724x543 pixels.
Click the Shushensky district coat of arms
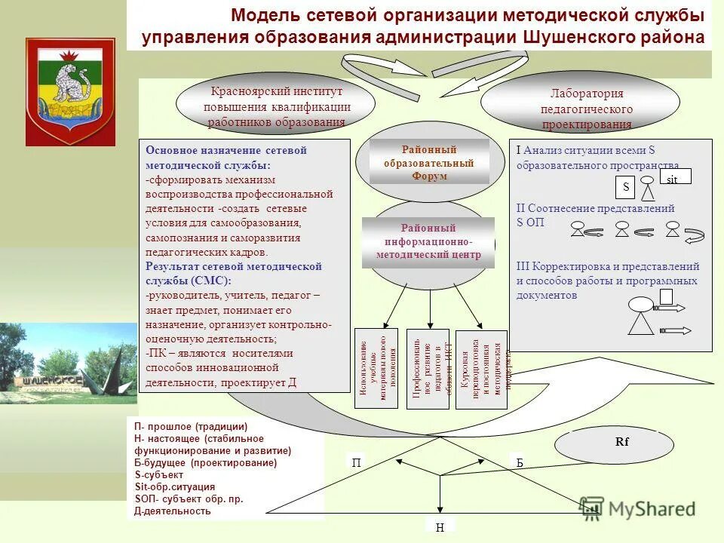[x=70, y=91]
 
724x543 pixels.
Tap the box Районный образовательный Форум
[x=429, y=163]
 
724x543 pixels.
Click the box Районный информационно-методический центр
[x=428, y=241]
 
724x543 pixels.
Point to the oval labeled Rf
[x=622, y=443]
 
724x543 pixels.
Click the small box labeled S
[x=625, y=186]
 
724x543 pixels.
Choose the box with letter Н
[x=440, y=527]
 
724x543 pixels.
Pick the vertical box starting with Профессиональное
[x=428, y=369]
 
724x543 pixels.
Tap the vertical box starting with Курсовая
[x=482, y=369]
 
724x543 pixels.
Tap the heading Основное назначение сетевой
[x=226, y=150]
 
